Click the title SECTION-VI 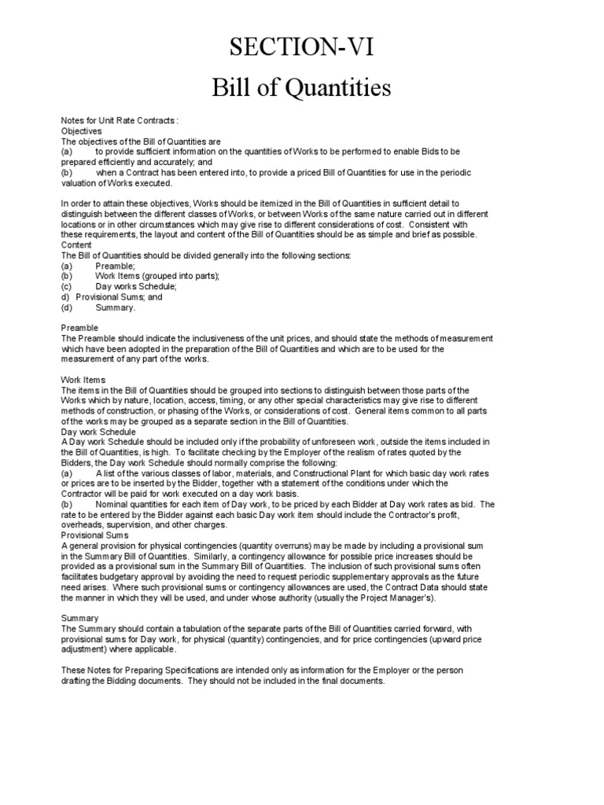click(x=301, y=49)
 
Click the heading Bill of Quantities click(x=301, y=88)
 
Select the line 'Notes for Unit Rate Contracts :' click(x=120, y=120)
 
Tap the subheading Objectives click(x=82, y=130)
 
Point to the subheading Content click(x=77, y=245)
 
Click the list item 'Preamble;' click(x=115, y=266)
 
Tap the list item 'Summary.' click(x=116, y=307)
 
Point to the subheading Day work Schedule click(x=98, y=432)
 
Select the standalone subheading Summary click(x=79, y=618)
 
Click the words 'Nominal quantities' click(x=133, y=504)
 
